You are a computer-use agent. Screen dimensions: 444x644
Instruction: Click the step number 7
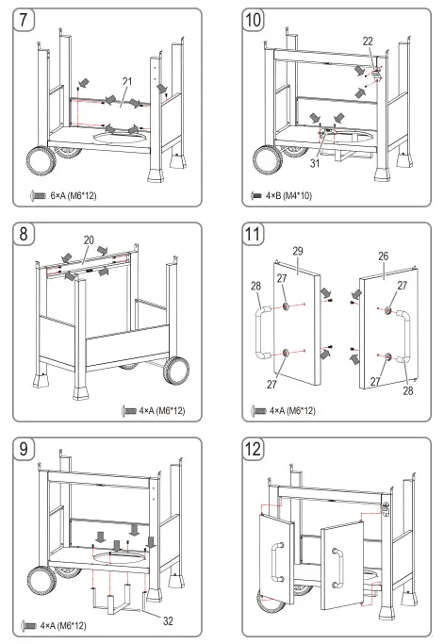(24, 20)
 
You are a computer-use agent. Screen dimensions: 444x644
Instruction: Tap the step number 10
(253, 20)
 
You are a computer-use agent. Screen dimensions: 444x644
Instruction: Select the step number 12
(253, 449)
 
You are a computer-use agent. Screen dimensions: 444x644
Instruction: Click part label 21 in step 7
(127, 81)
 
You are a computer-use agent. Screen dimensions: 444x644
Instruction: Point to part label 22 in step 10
(368, 41)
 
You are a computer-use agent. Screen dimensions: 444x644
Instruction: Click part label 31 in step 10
(315, 163)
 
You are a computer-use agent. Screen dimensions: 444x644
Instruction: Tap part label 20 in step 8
(89, 240)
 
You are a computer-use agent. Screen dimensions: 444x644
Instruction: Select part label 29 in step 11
(298, 251)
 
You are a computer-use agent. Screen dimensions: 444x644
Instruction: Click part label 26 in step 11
(383, 256)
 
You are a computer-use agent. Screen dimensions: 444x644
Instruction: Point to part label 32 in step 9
(168, 621)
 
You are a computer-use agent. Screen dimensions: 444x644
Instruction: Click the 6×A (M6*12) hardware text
(74, 195)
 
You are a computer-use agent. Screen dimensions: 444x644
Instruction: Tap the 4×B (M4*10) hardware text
(288, 195)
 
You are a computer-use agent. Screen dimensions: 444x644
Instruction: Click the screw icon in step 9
(28, 626)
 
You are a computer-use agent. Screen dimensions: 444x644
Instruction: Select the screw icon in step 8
(129, 411)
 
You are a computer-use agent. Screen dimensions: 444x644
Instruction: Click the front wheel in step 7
(41, 160)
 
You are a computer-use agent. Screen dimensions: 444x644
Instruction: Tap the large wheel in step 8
(176, 371)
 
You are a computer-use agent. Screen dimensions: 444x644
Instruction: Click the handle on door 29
(262, 332)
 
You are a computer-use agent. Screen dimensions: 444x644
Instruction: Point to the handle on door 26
(404, 337)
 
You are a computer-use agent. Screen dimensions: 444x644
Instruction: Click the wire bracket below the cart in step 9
(118, 600)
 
